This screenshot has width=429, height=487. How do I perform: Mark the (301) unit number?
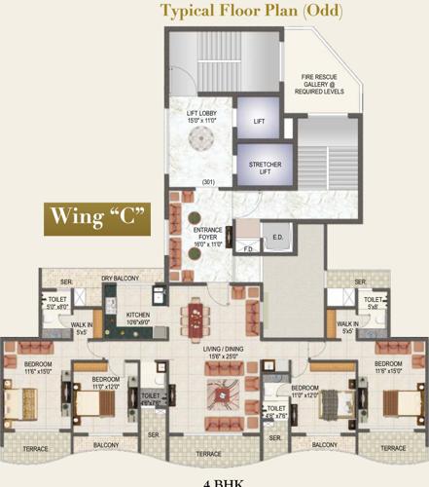click(208, 182)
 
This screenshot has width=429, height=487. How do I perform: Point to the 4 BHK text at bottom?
click(214, 482)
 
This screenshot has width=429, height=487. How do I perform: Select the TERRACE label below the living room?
click(209, 454)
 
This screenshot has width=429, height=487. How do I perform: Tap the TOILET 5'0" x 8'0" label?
click(54, 304)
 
